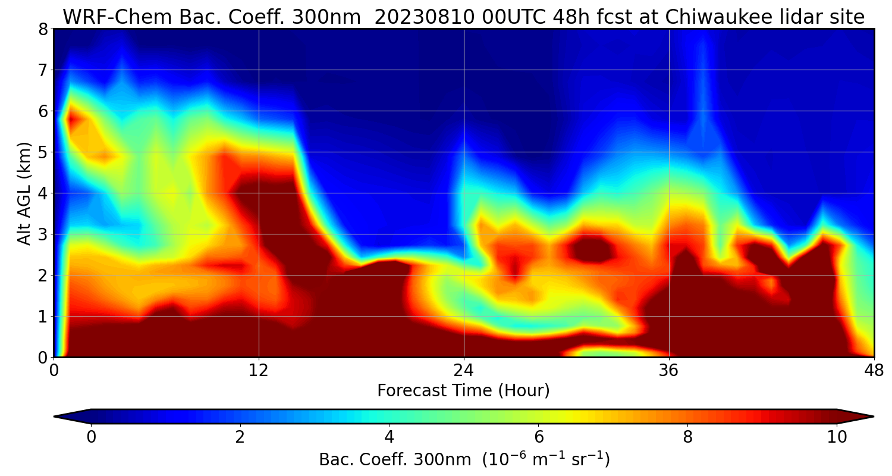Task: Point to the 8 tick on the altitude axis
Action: click(42, 29)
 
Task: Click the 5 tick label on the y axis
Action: click(42, 152)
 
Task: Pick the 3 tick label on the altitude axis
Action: click(42, 234)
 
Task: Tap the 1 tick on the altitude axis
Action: click(42, 317)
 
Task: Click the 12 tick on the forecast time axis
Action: click(259, 369)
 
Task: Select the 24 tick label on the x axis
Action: click(464, 369)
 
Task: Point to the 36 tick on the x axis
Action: click(669, 369)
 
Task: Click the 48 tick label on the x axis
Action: click(874, 369)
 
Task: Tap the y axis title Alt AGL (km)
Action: click(24, 193)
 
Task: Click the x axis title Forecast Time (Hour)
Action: click(463, 391)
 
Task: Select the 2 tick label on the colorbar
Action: click(240, 437)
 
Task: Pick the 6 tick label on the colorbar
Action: click(539, 437)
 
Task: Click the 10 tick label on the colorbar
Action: click(837, 437)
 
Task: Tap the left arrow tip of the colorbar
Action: click(55, 416)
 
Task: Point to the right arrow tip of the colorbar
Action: click(872, 416)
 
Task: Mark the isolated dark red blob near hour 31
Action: click(591, 249)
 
